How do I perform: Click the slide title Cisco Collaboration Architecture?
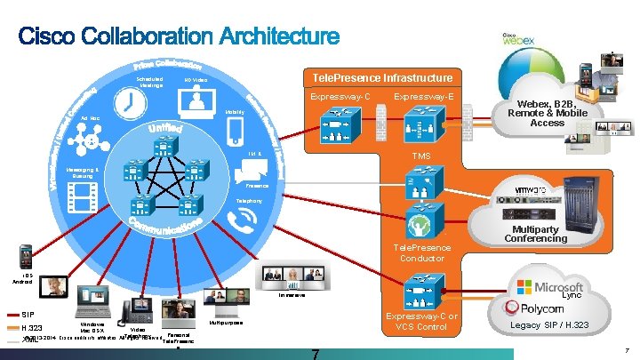[x=180, y=36]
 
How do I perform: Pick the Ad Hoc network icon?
[x=89, y=140]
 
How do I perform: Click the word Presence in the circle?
[x=257, y=186]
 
